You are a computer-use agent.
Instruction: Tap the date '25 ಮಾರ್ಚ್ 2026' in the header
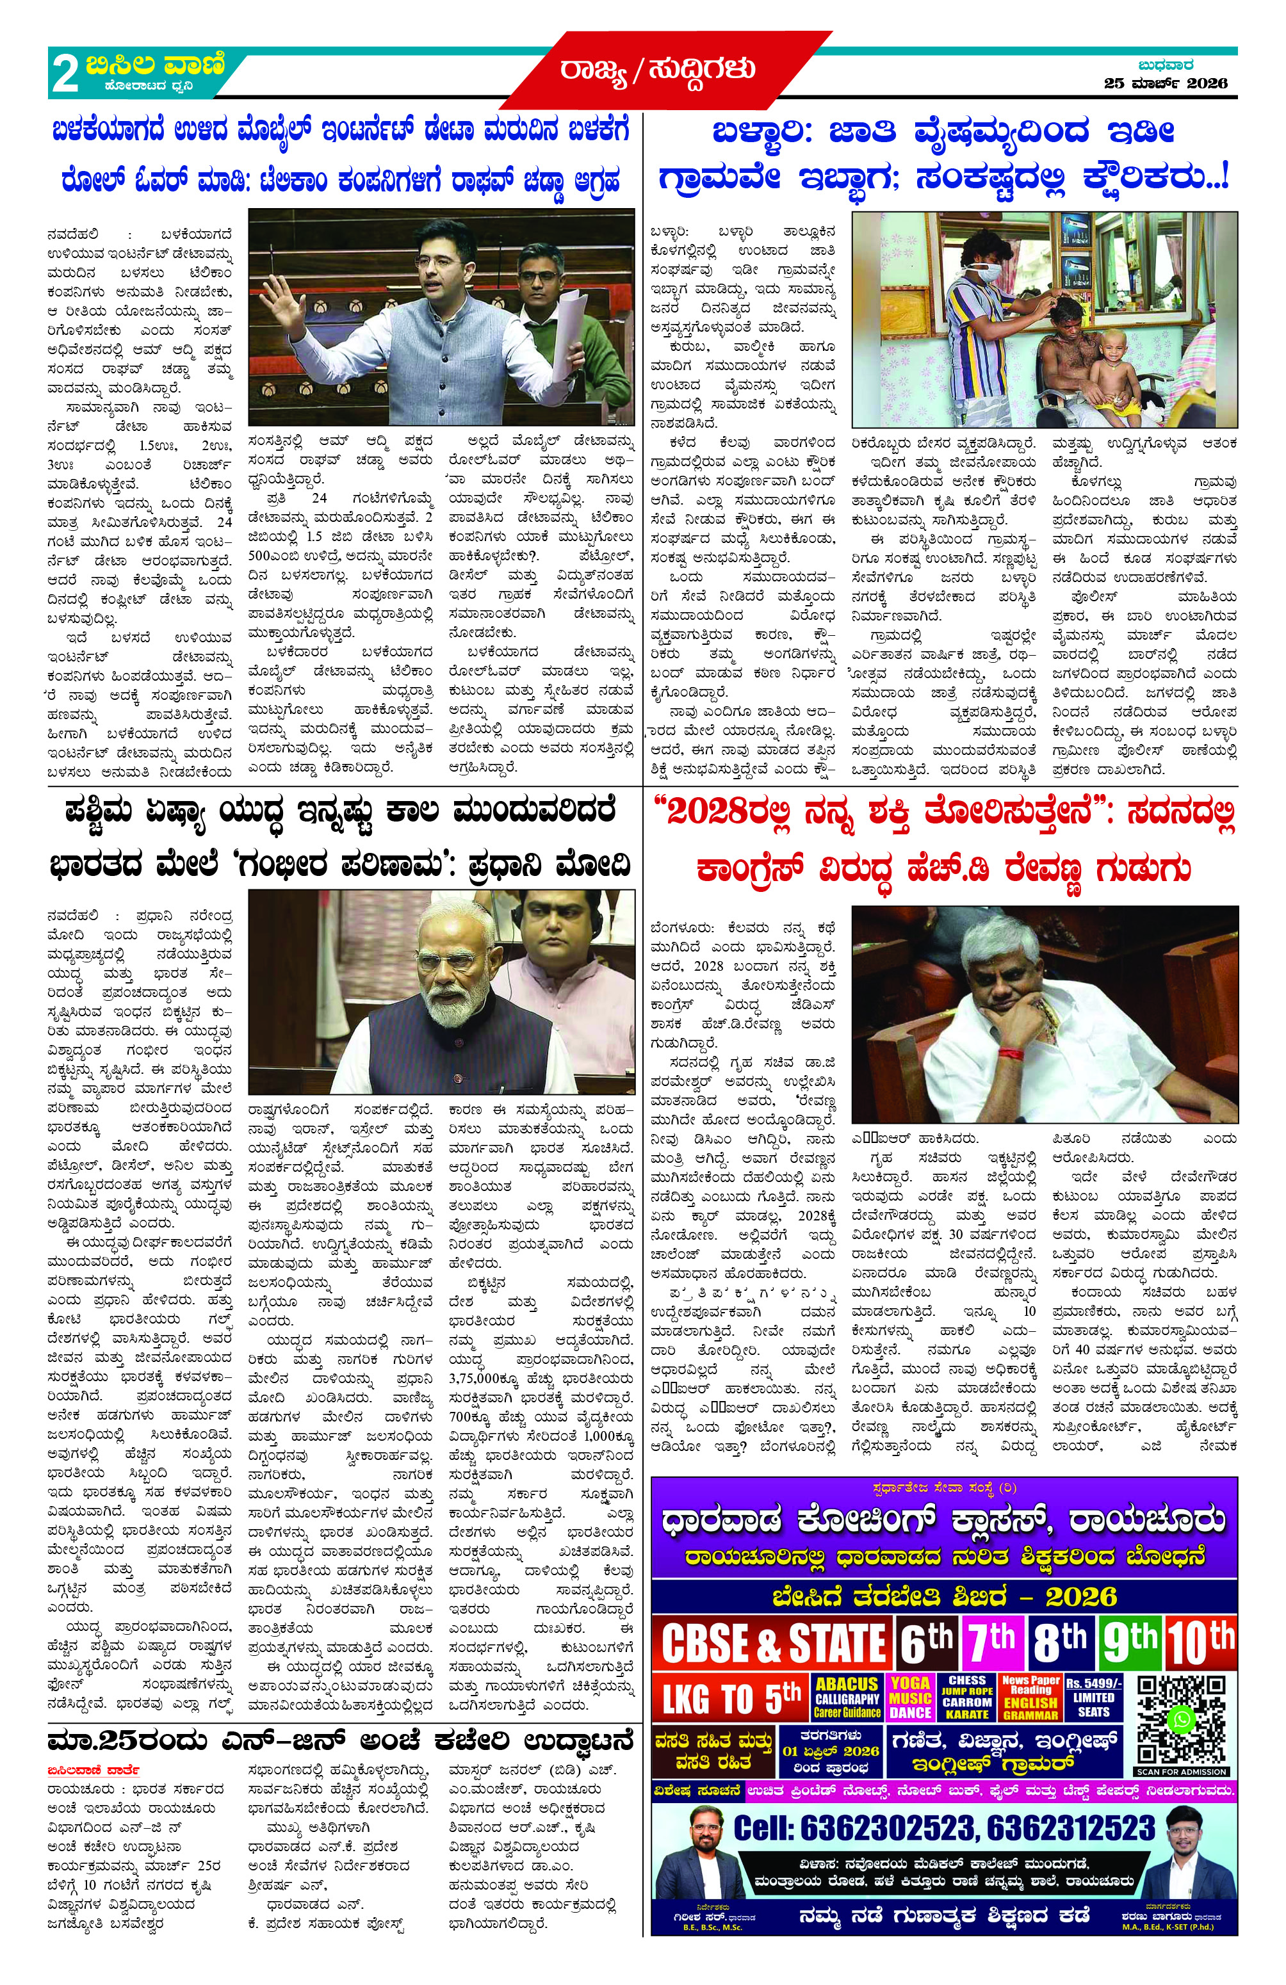point(1165,83)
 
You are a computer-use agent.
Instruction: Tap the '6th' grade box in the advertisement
point(927,1641)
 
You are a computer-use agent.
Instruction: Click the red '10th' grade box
point(1200,1641)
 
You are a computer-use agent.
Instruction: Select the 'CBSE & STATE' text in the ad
point(772,1643)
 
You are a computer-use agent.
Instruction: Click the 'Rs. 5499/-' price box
point(1094,1697)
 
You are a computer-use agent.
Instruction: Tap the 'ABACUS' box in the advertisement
point(847,1697)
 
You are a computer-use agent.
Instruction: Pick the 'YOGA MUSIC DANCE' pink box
point(910,1697)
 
